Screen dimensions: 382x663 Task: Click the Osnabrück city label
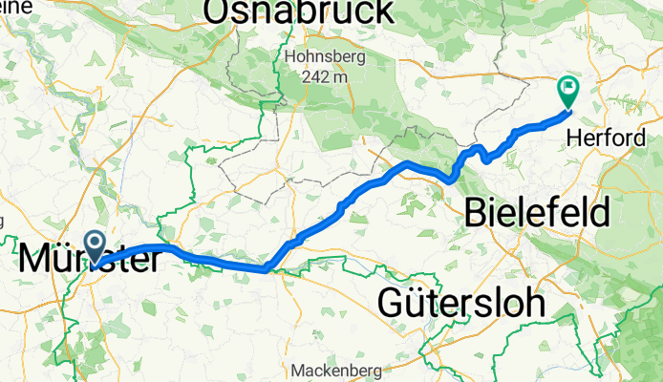click(x=297, y=11)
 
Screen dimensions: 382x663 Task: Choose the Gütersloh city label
click(x=461, y=303)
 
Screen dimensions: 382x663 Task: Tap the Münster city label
click(x=88, y=258)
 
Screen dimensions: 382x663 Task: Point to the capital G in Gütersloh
click(x=392, y=303)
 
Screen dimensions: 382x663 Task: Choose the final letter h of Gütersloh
click(x=535, y=303)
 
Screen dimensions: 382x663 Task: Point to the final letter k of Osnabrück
click(x=381, y=11)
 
